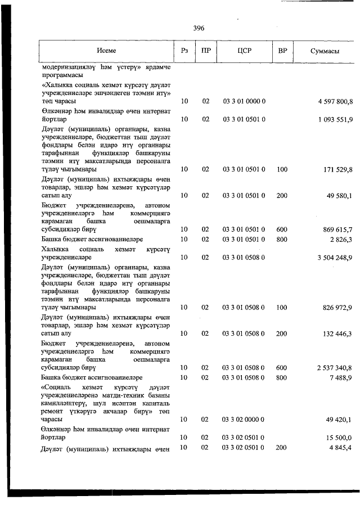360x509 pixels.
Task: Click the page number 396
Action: coord(198,28)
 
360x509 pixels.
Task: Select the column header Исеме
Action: coord(106,51)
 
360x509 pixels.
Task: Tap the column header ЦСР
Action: coord(244,51)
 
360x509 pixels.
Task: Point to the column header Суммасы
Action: coord(325,51)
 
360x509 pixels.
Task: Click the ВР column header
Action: coord(282,51)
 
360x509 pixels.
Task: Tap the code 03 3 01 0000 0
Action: coord(244,102)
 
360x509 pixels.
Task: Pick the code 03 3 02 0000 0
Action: coord(244,420)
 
